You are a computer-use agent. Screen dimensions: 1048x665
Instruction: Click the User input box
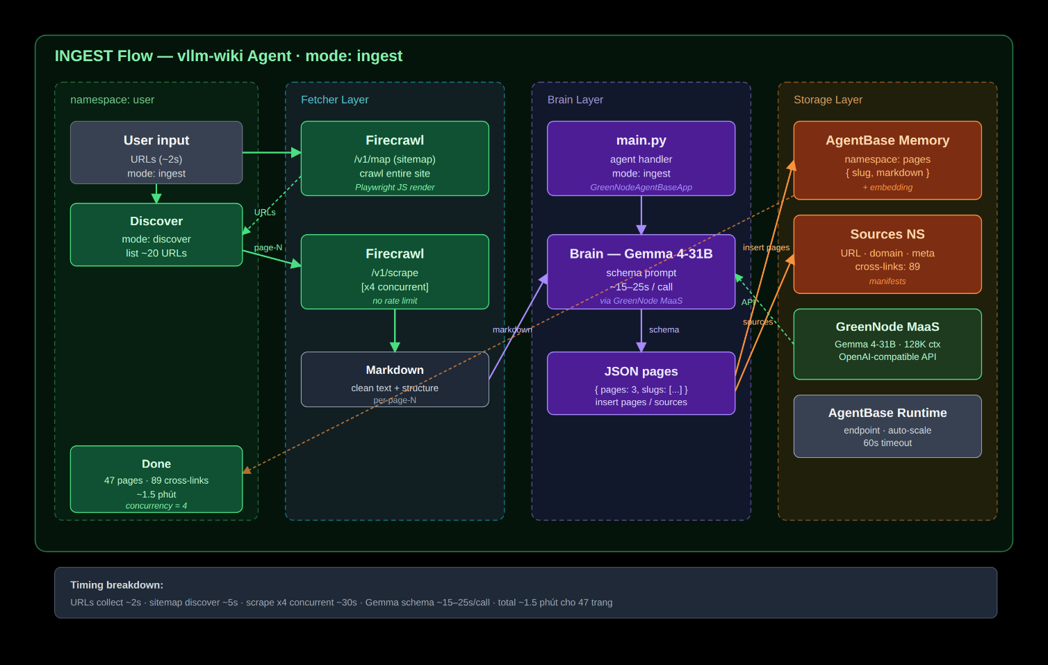156,152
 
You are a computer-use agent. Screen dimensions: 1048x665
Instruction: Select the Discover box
156,235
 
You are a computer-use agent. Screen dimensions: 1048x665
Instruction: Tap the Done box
156,479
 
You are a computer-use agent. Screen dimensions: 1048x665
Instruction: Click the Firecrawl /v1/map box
395,158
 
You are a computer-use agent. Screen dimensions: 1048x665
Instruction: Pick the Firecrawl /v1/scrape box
395,272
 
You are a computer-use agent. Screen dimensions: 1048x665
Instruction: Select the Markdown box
395,379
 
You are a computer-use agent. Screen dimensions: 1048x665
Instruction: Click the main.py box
641,158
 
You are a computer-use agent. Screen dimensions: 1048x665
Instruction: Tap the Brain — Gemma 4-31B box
641,272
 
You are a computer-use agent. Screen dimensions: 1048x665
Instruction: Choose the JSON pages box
641,383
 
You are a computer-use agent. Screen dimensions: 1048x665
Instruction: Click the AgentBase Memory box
887,161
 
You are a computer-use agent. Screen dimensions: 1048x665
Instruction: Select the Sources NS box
887,254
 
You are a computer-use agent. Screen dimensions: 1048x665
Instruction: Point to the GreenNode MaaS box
887,344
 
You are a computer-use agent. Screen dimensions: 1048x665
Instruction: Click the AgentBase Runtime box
887,426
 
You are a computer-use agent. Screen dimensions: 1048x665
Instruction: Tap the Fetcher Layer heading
334,99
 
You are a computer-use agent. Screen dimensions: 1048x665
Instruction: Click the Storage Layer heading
828,99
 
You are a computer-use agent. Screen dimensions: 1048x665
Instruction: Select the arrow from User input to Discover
156,194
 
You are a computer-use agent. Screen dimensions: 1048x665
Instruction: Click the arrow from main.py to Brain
641,215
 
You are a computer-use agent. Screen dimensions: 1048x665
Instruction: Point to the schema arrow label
664,329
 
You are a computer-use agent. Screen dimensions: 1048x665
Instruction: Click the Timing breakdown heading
117,585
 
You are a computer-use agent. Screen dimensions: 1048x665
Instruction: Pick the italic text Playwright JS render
395,187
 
